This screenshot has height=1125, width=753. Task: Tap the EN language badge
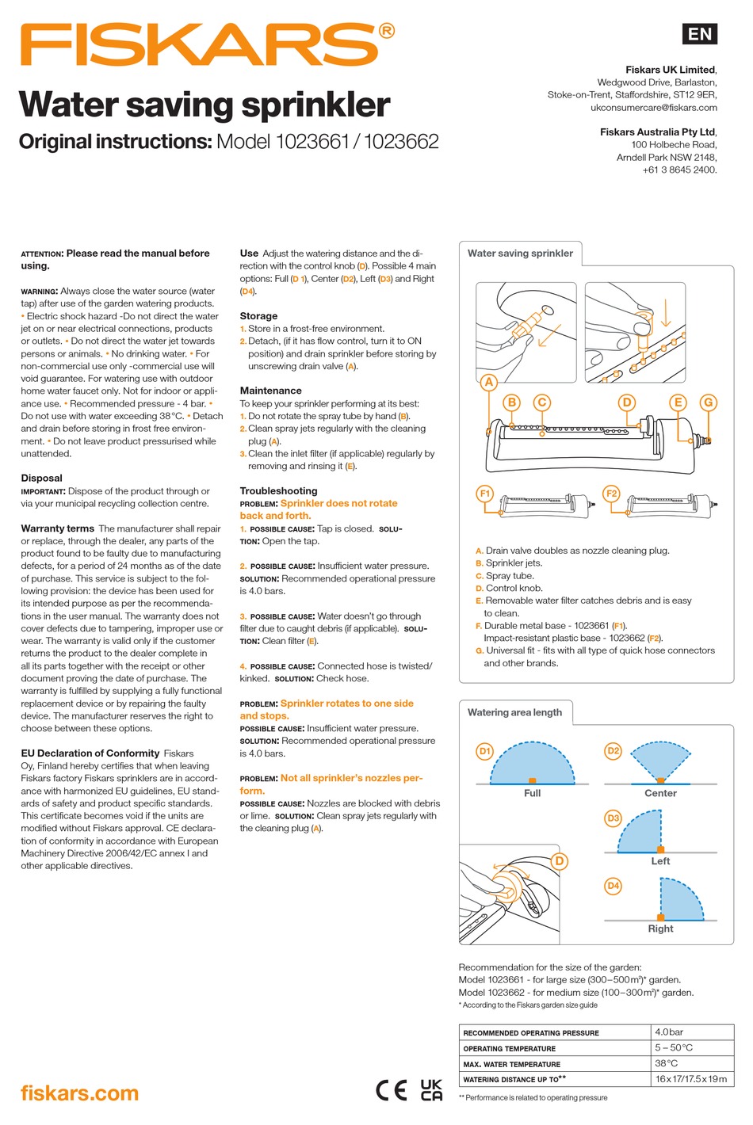699,33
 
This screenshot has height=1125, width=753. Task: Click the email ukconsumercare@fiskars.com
653,107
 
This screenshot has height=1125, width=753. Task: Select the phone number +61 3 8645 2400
679,170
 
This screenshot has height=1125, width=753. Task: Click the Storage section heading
258,315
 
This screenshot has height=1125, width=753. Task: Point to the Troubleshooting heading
278,490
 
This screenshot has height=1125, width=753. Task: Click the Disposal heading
41,478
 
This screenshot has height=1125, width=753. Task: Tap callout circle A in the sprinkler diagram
488,382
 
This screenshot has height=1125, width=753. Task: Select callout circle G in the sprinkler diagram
708,402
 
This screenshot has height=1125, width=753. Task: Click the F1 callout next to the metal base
485,494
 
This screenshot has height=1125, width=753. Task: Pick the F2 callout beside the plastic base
611,494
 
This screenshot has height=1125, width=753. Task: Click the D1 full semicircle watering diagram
532,764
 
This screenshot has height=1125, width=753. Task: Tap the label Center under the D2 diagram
660,793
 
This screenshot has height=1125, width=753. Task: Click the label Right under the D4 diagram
660,929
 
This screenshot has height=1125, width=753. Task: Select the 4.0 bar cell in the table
669,1032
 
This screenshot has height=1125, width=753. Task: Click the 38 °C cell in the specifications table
666,1063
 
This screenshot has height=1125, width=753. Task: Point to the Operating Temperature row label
509,1048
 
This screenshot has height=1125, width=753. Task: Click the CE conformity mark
392,1090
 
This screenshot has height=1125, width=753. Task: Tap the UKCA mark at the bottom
431,1090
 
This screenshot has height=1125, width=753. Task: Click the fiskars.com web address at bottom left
79,1093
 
